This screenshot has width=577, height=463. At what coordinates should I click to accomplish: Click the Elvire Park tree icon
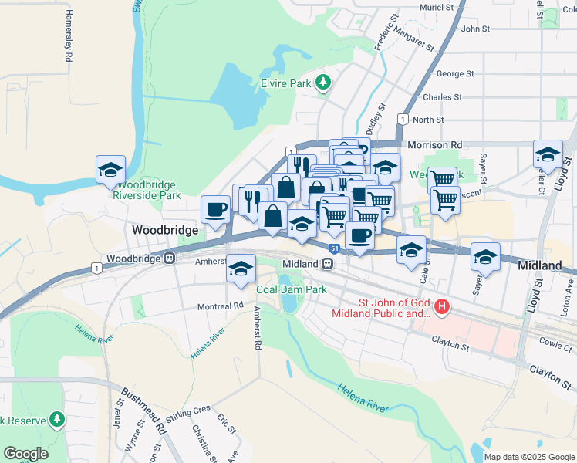point(325,80)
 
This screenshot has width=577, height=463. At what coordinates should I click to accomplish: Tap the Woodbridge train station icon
point(169,259)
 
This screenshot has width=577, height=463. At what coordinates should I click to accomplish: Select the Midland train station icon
point(328,264)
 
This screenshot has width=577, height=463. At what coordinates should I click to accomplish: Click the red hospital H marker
point(442,307)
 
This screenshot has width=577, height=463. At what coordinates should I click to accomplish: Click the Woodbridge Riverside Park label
point(145,190)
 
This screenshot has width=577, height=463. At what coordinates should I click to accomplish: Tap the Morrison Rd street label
point(434,144)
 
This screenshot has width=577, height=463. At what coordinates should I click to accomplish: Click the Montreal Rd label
point(221,306)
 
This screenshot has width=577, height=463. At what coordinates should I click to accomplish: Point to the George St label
point(454,74)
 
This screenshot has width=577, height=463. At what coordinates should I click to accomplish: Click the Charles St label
point(442,97)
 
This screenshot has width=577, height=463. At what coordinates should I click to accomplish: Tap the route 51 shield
point(333,248)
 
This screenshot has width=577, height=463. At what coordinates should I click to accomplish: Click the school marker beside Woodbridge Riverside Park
point(110,170)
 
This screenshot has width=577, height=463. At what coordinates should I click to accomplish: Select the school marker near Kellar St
point(548,154)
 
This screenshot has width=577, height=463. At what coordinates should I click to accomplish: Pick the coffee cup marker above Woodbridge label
point(214,208)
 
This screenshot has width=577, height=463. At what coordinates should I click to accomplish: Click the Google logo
point(25,454)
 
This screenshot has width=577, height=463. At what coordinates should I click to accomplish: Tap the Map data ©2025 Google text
point(528,457)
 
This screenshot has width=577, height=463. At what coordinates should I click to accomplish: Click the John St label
point(474,29)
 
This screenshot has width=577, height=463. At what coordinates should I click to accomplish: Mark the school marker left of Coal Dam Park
point(241,269)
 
